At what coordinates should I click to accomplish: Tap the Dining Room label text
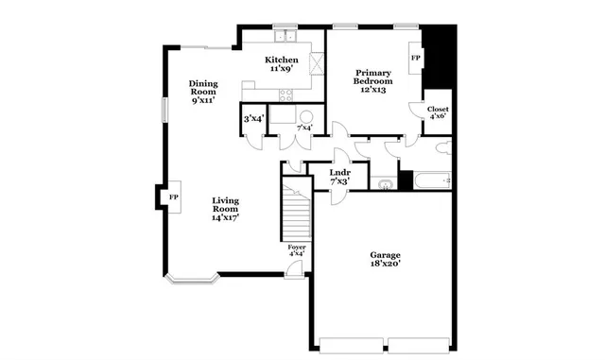[203, 92]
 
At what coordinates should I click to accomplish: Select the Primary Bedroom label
[372, 80]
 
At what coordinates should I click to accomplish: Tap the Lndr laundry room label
[339, 177]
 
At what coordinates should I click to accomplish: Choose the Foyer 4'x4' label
[297, 249]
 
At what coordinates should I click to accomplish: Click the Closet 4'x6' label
[438, 112]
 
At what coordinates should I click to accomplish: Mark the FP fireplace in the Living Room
[173, 197]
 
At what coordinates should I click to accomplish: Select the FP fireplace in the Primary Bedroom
[415, 58]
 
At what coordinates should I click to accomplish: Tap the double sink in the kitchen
[287, 38]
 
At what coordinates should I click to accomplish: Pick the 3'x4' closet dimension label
[252, 119]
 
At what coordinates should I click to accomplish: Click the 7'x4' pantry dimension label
[304, 128]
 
